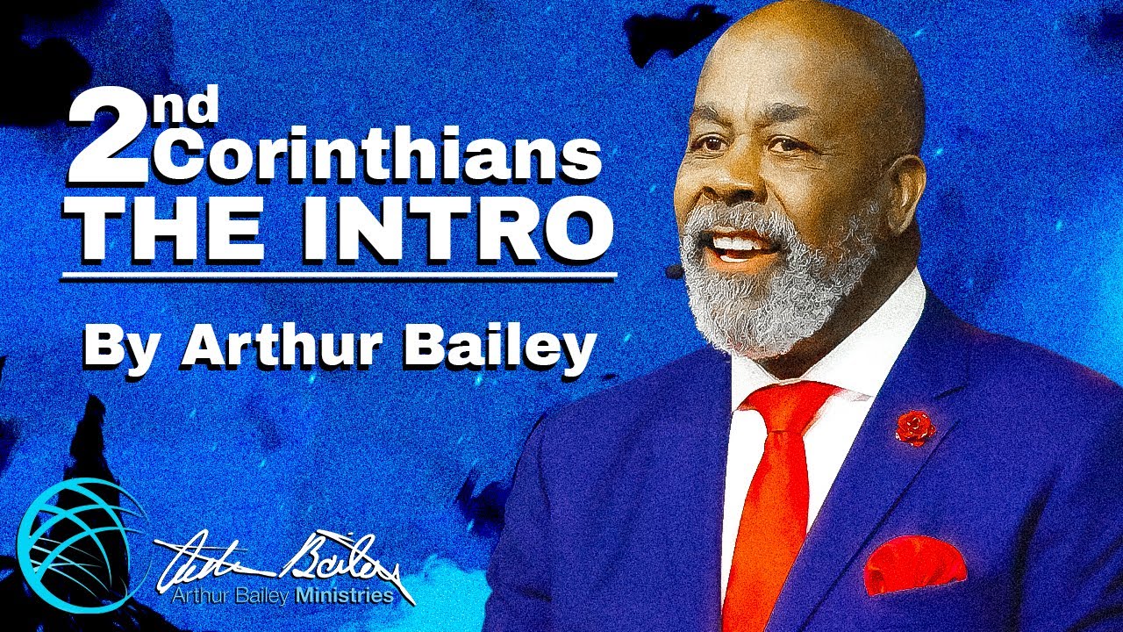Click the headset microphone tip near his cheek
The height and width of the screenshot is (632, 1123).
674,273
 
